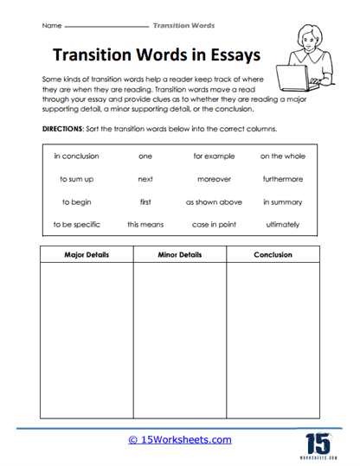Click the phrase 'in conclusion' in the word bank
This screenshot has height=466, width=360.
click(76, 156)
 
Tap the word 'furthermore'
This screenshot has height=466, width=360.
click(283, 179)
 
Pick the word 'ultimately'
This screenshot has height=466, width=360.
click(283, 224)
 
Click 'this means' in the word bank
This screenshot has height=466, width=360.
click(145, 224)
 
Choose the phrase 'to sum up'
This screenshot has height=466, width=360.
click(76, 179)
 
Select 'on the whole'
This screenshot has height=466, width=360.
click(283, 156)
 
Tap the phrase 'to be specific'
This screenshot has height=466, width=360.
click(76, 224)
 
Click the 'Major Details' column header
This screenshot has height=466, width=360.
click(85, 256)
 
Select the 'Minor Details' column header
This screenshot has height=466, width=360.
click(179, 256)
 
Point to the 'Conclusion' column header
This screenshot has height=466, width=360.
click(273, 256)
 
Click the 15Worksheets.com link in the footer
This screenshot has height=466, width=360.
click(180, 440)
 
